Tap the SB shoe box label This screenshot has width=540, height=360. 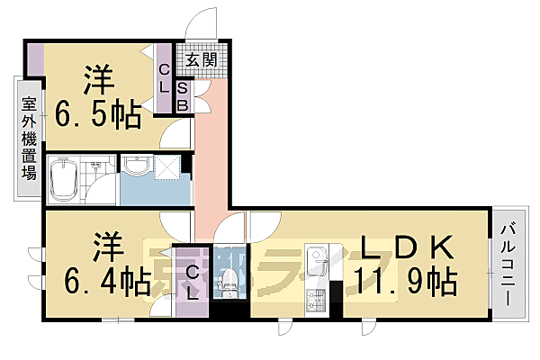182,96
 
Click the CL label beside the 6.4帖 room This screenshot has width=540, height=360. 193,283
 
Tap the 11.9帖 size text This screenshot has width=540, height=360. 405,280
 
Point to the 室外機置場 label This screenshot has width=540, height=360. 29,139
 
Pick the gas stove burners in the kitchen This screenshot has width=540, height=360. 317,299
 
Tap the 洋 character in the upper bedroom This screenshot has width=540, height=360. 100,80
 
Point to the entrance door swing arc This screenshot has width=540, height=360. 206,20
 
